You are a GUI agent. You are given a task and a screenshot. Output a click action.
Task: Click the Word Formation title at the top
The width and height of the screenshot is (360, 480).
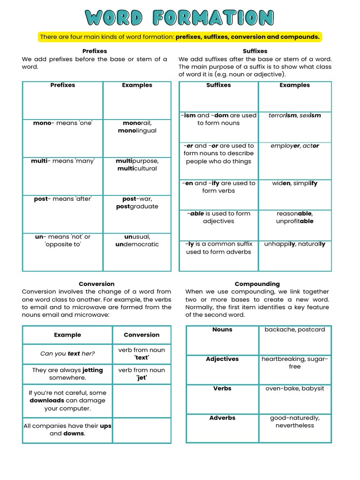[x=180, y=18]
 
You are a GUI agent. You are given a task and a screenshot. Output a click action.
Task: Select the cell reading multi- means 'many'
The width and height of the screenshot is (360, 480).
[x=63, y=161]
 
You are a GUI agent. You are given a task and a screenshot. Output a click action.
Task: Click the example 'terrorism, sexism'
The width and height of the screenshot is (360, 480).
[x=294, y=115]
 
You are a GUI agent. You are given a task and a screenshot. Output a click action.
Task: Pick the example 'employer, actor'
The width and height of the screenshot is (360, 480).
[x=294, y=146]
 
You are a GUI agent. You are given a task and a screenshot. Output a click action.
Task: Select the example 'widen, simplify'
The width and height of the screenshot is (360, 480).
[x=294, y=184]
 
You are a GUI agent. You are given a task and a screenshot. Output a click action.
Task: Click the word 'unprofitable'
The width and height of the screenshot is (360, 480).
[x=294, y=221]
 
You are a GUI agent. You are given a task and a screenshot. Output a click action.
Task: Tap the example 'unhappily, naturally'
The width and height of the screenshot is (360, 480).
[x=294, y=244]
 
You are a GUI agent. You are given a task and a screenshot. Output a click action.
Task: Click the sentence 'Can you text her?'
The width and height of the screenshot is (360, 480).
[x=67, y=354]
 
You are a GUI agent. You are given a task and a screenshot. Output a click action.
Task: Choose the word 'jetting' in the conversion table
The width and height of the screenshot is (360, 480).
[x=92, y=370]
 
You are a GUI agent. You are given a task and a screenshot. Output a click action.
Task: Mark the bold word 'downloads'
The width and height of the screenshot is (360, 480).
[x=47, y=401]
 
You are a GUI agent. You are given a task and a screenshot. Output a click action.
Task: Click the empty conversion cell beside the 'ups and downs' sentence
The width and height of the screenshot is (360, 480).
[x=142, y=430]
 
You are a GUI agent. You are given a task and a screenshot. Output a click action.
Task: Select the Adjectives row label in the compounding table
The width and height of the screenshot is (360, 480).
[x=222, y=359]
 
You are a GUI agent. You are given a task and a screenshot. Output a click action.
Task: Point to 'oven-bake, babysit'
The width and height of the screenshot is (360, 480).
[x=294, y=389]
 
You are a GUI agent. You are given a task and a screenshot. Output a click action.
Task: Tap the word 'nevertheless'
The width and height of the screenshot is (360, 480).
[x=294, y=426]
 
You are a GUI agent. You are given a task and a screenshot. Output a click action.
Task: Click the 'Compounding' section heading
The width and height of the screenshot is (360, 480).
[x=257, y=284]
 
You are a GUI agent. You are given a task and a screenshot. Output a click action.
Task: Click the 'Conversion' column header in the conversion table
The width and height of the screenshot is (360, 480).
[x=142, y=335]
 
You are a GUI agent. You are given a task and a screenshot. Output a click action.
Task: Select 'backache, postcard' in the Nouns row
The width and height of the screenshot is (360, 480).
[x=294, y=330]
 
